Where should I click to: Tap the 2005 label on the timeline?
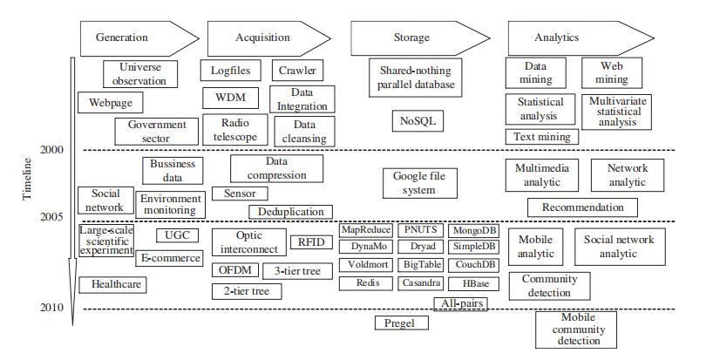tap(51, 216)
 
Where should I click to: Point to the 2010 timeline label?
tap(51, 307)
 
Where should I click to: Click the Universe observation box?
tap(139, 74)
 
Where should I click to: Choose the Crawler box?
tap(296, 71)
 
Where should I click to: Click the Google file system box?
tap(419, 183)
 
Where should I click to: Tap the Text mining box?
tap(540, 137)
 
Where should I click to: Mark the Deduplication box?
tap(291, 211)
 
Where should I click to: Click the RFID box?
tap(310, 241)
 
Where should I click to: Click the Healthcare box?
tap(112, 284)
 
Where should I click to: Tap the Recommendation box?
tap(582, 207)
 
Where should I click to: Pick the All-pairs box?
tap(459, 302)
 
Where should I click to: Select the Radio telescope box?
tap(234, 130)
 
